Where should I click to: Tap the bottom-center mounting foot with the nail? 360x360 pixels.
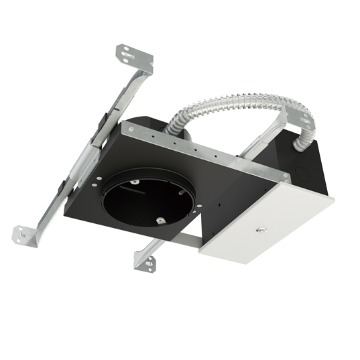pos(145,259)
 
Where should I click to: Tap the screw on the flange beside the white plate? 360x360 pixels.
pos(286,178)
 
